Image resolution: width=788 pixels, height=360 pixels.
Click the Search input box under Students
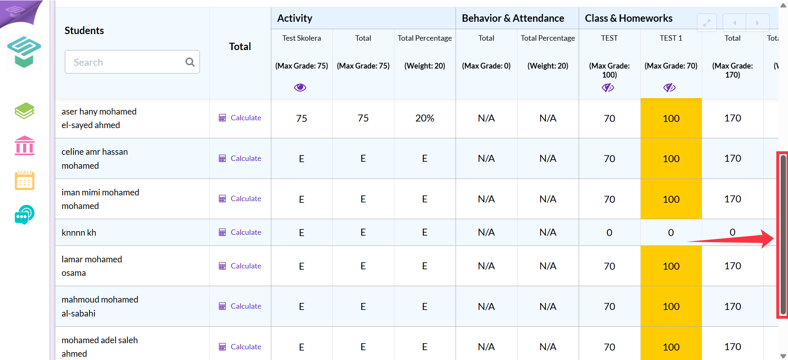tap(132, 62)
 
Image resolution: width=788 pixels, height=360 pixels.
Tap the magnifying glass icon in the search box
tap(190, 62)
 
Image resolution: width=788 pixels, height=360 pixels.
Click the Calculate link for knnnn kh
tap(240, 232)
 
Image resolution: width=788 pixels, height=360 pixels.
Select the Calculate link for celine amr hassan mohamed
tap(240, 158)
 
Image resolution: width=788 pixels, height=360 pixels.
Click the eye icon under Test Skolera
tap(300, 87)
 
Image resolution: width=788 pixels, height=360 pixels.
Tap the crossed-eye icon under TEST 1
tap(669, 87)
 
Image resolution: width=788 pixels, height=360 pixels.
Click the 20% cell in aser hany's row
tap(425, 118)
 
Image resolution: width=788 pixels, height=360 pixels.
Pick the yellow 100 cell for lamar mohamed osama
tap(671, 266)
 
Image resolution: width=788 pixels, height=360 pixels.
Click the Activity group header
tap(295, 18)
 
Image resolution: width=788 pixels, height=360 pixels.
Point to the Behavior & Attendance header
tap(513, 18)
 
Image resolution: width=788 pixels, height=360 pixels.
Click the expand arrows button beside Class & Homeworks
tap(707, 23)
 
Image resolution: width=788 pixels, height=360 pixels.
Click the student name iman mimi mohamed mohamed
tap(100, 199)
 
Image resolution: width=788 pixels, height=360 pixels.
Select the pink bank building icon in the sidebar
tap(25, 145)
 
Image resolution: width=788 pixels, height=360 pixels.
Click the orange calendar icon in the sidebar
tap(25, 180)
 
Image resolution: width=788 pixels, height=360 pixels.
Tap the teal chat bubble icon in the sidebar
tap(25, 214)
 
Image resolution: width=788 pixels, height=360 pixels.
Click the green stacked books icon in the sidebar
tap(25, 111)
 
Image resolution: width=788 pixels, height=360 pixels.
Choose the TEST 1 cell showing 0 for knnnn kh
tap(671, 232)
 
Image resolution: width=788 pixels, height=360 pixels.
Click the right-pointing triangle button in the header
tap(757, 23)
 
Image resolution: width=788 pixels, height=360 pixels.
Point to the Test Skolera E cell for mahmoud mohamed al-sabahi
tap(302, 307)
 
